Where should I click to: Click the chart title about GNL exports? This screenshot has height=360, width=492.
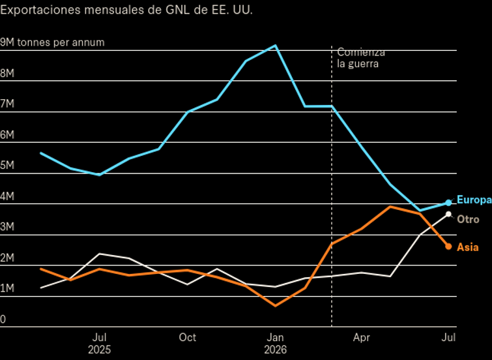(126, 10)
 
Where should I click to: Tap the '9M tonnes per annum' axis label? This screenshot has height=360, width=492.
(52, 42)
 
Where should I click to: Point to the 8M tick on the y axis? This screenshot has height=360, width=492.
(7, 73)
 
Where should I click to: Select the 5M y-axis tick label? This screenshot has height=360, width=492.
(7, 165)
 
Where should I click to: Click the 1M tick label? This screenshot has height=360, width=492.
(7, 288)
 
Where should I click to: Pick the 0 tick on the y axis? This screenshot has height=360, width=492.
(3, 319)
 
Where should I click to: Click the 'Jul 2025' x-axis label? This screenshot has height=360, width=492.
(100, 343)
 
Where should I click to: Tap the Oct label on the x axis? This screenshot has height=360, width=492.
(187, 337)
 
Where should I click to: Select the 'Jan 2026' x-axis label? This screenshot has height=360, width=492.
(275, 343)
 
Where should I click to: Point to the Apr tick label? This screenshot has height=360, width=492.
(362, 337)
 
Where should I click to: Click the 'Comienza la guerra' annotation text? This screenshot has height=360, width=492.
(361, 58)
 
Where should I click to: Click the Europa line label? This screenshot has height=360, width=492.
(474, 200)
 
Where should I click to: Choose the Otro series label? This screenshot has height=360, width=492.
(468, 219)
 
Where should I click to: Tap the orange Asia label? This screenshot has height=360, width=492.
(467, 247)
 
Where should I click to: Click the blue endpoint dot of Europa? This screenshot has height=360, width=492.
(449, 203)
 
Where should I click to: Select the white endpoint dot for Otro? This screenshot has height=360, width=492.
(449, 215)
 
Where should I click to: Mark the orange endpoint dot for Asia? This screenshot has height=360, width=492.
(449, 247)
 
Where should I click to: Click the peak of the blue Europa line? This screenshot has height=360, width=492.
(275, 46)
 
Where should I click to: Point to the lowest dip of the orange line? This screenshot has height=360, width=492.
(275, 306)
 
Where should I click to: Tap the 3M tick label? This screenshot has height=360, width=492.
(7, 227)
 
